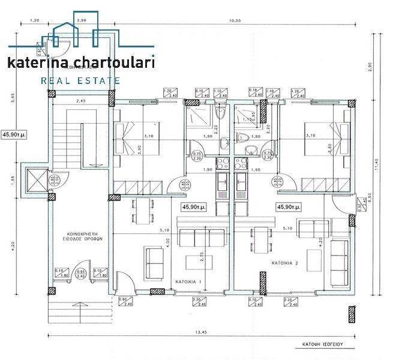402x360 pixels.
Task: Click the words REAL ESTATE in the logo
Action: click(80, 80)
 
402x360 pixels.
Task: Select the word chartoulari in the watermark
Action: click(115, 62)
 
